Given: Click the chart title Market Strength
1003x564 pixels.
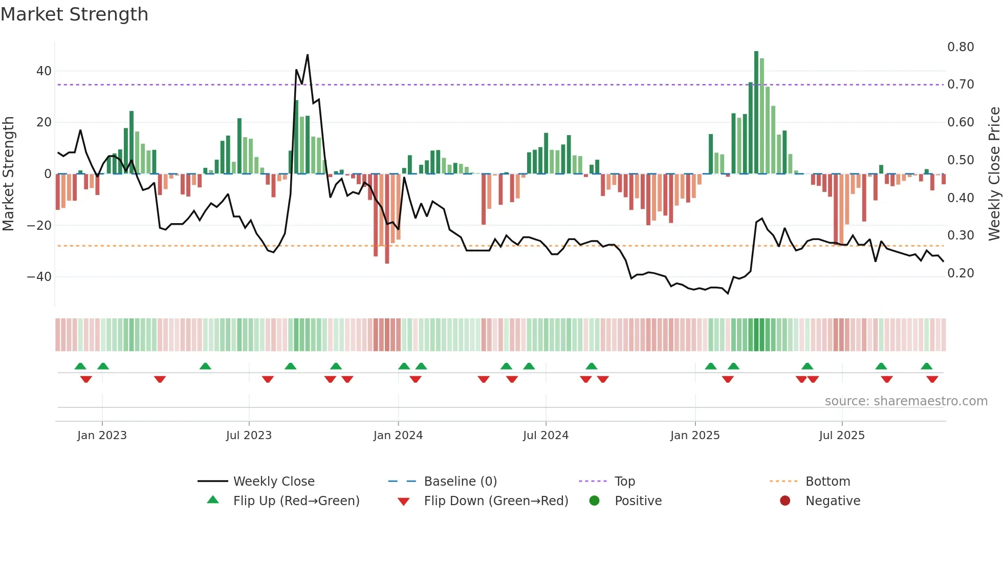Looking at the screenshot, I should [74, 14].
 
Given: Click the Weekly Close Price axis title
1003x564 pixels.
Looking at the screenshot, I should [994, 173].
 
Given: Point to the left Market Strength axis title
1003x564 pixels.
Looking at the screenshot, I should [8, 173].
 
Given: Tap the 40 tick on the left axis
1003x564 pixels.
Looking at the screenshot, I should [44, 71].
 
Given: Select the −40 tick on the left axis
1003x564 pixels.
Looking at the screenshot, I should [39, 277].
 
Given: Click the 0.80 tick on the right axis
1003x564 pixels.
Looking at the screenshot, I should [961, 47].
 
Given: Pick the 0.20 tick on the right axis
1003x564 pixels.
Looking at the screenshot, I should [961, 273].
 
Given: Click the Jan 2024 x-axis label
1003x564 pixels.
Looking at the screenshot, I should [398, 436].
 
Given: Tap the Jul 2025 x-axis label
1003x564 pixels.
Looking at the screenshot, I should [842, 436].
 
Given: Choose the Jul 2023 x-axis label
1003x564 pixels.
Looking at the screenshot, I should [249, 436].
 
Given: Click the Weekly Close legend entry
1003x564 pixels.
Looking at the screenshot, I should [274, 482].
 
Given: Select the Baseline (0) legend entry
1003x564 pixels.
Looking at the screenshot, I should [460, 482].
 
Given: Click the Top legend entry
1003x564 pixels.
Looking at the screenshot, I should [624, 482].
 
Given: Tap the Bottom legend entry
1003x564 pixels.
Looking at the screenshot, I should [827, 482].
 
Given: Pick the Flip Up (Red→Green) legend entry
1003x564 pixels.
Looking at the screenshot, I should [296, 501].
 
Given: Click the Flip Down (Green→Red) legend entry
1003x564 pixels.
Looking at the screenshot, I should [496, 501].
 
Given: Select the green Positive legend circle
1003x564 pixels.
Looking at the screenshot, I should [594, 501].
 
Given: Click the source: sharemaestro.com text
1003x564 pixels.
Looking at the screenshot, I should [906, 401].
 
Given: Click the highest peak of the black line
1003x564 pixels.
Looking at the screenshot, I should [308, 55].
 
